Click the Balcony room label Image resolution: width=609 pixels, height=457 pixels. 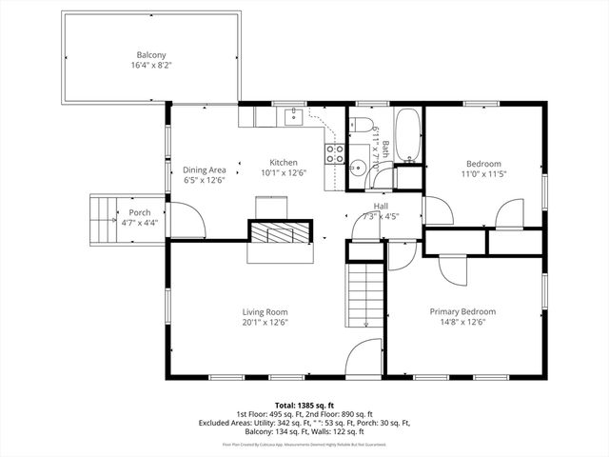(151, 55)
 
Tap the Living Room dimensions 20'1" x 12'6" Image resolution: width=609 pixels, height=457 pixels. (265, 323)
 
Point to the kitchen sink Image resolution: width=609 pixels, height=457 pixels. (294, 117)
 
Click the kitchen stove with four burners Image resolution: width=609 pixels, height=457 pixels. (334, 153)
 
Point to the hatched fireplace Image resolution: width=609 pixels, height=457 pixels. (280, 232)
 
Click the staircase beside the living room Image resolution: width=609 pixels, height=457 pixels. (365, 295)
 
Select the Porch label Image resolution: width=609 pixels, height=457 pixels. (137, 212)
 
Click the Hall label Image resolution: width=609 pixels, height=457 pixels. (381, 206)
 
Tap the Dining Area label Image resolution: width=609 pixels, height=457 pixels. (204, 169)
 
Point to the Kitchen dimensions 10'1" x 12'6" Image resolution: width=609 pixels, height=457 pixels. (284, 173)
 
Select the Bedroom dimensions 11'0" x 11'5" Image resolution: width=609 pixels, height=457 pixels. (483, 173)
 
